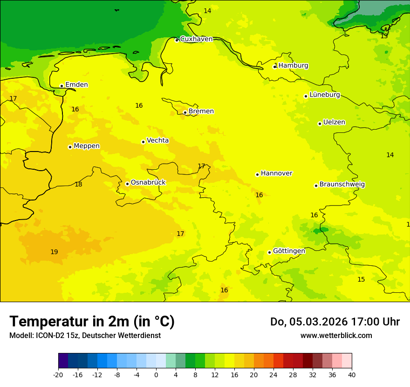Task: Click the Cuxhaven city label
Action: click(196, 39)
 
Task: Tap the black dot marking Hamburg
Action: click(274, 67)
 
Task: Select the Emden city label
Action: click(76, 85)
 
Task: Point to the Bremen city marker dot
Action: click(185, 112)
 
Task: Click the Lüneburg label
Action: click(325, 95)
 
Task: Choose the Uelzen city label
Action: click(334, 122)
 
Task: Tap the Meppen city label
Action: click(87, 146)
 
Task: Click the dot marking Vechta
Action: click(143, 142)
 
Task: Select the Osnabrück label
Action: click(148, 182)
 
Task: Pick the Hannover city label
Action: click(276, 173)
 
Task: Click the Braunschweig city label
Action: click(342, 184)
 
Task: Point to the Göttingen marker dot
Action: click(269, 252)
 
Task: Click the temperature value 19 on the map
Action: click(54, 252)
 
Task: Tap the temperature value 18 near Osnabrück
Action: click(78, 185)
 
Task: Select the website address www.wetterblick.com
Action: click(336, 336)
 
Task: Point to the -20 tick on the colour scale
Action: click(58, 374)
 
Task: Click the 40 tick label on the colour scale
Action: click(352, 374)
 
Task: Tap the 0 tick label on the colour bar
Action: click(156, 374)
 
